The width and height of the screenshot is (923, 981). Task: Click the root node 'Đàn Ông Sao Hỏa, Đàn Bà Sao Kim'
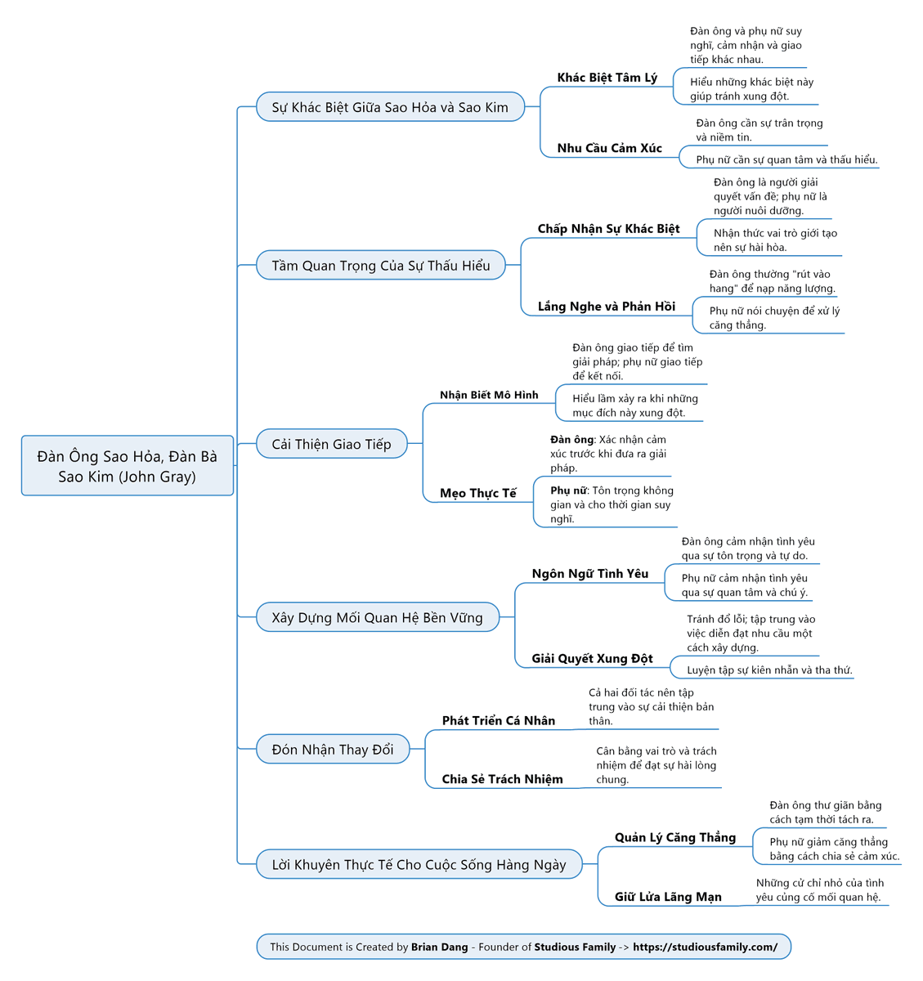(127, 465)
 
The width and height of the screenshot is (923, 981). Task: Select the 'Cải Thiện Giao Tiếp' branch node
(331, 444)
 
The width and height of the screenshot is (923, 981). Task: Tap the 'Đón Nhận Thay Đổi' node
(333, 749)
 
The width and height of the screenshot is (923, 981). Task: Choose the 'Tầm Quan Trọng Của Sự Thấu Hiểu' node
(380, 265)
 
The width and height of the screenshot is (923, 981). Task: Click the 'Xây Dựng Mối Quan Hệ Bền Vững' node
(377, 617)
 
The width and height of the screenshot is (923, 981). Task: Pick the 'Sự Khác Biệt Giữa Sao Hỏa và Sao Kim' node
(390, 107)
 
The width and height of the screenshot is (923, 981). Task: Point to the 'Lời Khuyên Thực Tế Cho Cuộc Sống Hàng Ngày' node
(419, 864)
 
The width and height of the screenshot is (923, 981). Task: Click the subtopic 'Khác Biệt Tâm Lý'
(607, 78)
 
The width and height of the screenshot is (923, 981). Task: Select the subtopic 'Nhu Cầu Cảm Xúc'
(609, 148)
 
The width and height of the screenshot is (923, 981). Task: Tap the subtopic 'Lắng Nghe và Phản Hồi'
(607, 307)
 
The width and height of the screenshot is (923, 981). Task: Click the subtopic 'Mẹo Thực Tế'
(477, 494)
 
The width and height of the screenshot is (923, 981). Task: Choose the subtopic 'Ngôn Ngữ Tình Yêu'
(590, 574)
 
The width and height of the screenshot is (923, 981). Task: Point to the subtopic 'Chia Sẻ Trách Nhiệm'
(502, 779)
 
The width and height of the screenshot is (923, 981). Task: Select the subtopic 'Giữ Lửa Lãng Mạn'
(668, 897)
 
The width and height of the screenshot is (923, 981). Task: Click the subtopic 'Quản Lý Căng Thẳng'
(675, 838)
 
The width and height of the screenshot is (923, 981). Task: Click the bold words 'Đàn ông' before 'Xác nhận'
(571, 440)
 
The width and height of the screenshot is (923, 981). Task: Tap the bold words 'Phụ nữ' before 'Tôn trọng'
(569, 490)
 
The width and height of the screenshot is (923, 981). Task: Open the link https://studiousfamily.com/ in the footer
(705, 947)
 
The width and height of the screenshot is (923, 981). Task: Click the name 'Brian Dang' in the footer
(439, 947)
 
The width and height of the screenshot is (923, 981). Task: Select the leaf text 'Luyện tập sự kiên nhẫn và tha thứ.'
(769, 670)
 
